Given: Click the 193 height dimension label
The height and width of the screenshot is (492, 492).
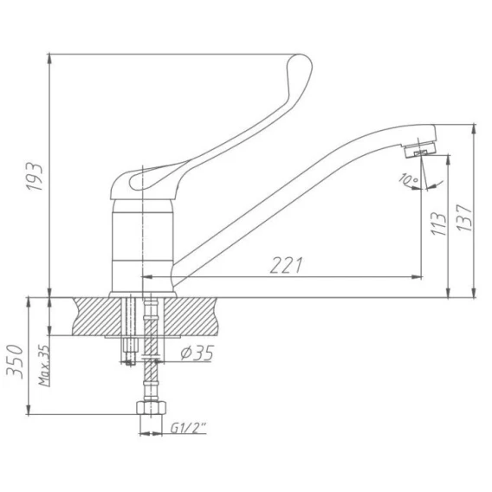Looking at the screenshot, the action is click(34, 177).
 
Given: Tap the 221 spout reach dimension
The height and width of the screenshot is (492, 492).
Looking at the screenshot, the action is click(287, 265).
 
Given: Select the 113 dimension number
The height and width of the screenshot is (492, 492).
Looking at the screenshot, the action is click(438, 223).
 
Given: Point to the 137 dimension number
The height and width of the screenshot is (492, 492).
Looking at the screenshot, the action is click(464, 217).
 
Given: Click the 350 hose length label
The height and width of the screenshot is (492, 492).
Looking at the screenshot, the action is click(15, 362).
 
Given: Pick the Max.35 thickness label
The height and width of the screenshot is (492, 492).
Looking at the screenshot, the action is click(44, 366).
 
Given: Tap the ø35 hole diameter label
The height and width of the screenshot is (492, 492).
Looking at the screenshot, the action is click(197, 353).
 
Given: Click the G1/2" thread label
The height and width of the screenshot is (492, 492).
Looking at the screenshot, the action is click(189, 428).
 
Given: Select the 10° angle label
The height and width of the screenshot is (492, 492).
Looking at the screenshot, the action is click(409, 179).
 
